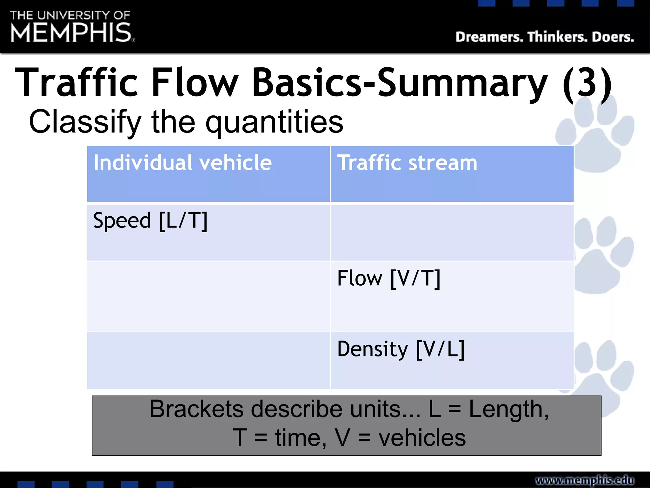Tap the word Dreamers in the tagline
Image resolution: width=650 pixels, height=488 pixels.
(x=489, y=37)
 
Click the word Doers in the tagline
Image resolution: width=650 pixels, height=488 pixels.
(x=613, y=37)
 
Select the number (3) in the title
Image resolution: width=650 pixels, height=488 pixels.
(x=587, y=83)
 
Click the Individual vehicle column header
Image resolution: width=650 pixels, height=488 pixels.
(x=182, y=163)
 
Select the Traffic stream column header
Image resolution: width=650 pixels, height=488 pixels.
(x=407, y=163)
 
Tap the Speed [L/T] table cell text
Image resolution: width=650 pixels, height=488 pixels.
(x=150, y=220)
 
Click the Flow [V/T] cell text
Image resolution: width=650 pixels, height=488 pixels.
(x=389, y=278)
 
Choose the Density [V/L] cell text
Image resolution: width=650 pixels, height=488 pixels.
(x=401, y=349)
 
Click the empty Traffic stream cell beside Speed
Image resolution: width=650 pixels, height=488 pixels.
(x=452, y=233)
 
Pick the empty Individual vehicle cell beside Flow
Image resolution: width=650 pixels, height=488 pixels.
(x=209, y=297)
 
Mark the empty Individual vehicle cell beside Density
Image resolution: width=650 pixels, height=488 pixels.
(x=209, y=361)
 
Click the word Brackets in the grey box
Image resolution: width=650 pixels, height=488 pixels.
(x=197, y=409)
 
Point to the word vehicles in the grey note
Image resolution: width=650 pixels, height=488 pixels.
(x=422, y=438)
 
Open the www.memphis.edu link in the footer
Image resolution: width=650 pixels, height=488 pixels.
(x=585, y=480)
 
